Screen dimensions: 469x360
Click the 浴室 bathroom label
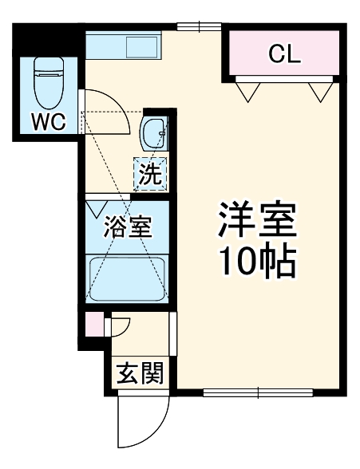tap(127, 227)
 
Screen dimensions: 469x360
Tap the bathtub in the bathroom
tap(127, 278)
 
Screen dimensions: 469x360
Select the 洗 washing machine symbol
tap(150, 173)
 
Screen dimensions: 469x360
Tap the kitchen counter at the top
tap(124, 45)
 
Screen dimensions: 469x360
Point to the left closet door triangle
tap(247, 90)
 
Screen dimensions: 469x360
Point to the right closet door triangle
tap(321, 90)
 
